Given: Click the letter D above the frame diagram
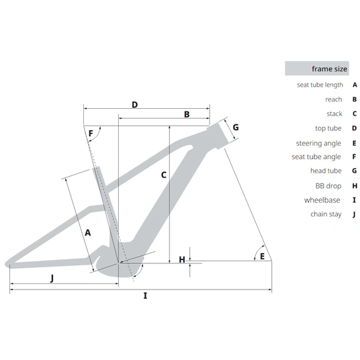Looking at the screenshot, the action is (x=135, y=105).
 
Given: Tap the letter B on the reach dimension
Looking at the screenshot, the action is (x=187, y=114).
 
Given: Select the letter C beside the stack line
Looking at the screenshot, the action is (x=164, y=175).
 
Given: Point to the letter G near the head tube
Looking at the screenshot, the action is (x=236, y=127).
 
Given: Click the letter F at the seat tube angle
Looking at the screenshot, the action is (x=91, y=134).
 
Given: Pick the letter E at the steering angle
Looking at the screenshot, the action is (x=262, y=256).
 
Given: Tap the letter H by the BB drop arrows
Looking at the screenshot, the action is (x=182, y=260).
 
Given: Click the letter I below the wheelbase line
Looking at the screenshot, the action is (x=145, y=296).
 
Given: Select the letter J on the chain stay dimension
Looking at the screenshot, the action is (x=52, y=278).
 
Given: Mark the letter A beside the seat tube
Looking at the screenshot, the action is (x=88, y=233).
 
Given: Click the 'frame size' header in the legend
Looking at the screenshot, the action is (x=329, y=69).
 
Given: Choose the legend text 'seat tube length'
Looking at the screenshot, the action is (x=320, y=85).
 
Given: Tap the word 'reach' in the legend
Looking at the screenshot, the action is (x=334, y=99).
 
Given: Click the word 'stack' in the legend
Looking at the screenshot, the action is (x=334, y=114).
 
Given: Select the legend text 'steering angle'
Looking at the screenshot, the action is (x=318, y=143).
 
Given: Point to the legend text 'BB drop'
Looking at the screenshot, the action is (x=328, y=186).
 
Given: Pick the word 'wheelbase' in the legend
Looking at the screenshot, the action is (x=322, y=200).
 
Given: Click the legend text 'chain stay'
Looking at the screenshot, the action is (x=326, y=214).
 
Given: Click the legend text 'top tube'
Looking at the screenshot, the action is (x=328, y=128).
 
